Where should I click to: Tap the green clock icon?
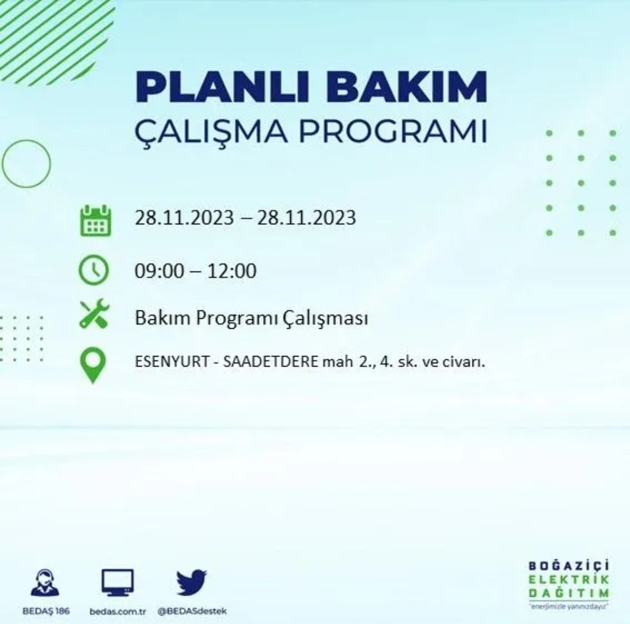point(93,271)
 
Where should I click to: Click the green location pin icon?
point(93,365)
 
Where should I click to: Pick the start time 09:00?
point(160,272)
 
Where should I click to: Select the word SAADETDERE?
point(271,362)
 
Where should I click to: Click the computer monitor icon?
point(117,583)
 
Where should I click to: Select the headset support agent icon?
point(45,583)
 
